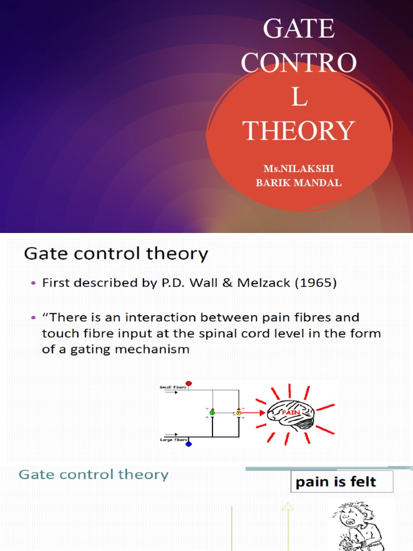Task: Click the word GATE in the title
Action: (298, 29)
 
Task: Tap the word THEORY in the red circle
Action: (298, 131)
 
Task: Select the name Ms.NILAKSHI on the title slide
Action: (298, 169)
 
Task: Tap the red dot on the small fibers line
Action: (189, 384)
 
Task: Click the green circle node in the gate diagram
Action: (212, 412)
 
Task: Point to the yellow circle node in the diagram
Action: (239, 412)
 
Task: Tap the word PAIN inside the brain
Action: (291, 413)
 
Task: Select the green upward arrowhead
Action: (288, 506)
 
